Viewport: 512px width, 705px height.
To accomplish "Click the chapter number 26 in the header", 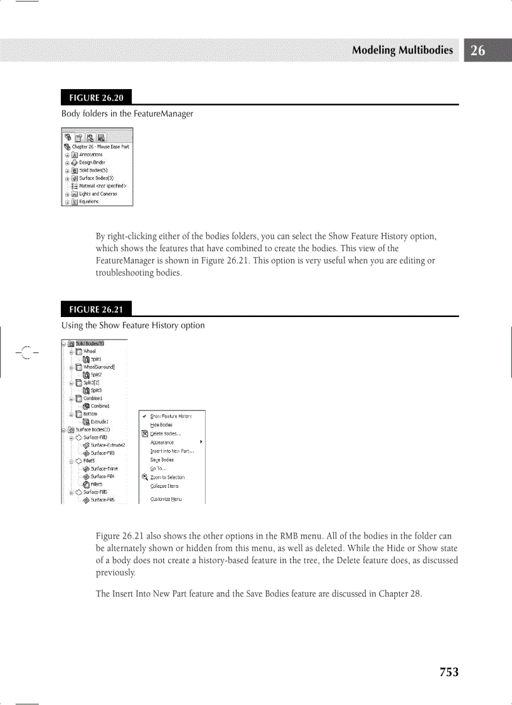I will coord(478,51).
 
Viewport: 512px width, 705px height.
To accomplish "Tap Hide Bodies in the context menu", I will coord(161,425).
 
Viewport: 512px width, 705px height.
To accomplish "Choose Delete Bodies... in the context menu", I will coord(166,434).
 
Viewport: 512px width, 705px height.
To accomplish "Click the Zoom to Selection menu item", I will coord(167,477).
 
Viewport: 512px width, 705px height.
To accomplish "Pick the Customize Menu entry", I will coord(166,499).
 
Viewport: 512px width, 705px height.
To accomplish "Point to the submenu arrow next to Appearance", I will coord(200,442).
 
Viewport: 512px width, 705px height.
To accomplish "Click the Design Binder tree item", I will coord(92,162).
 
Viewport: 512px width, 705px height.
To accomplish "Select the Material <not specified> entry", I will coord(103,186).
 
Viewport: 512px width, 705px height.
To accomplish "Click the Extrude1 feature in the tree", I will coord(100,421).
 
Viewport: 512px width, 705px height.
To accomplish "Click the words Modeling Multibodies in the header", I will coord(402,51).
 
